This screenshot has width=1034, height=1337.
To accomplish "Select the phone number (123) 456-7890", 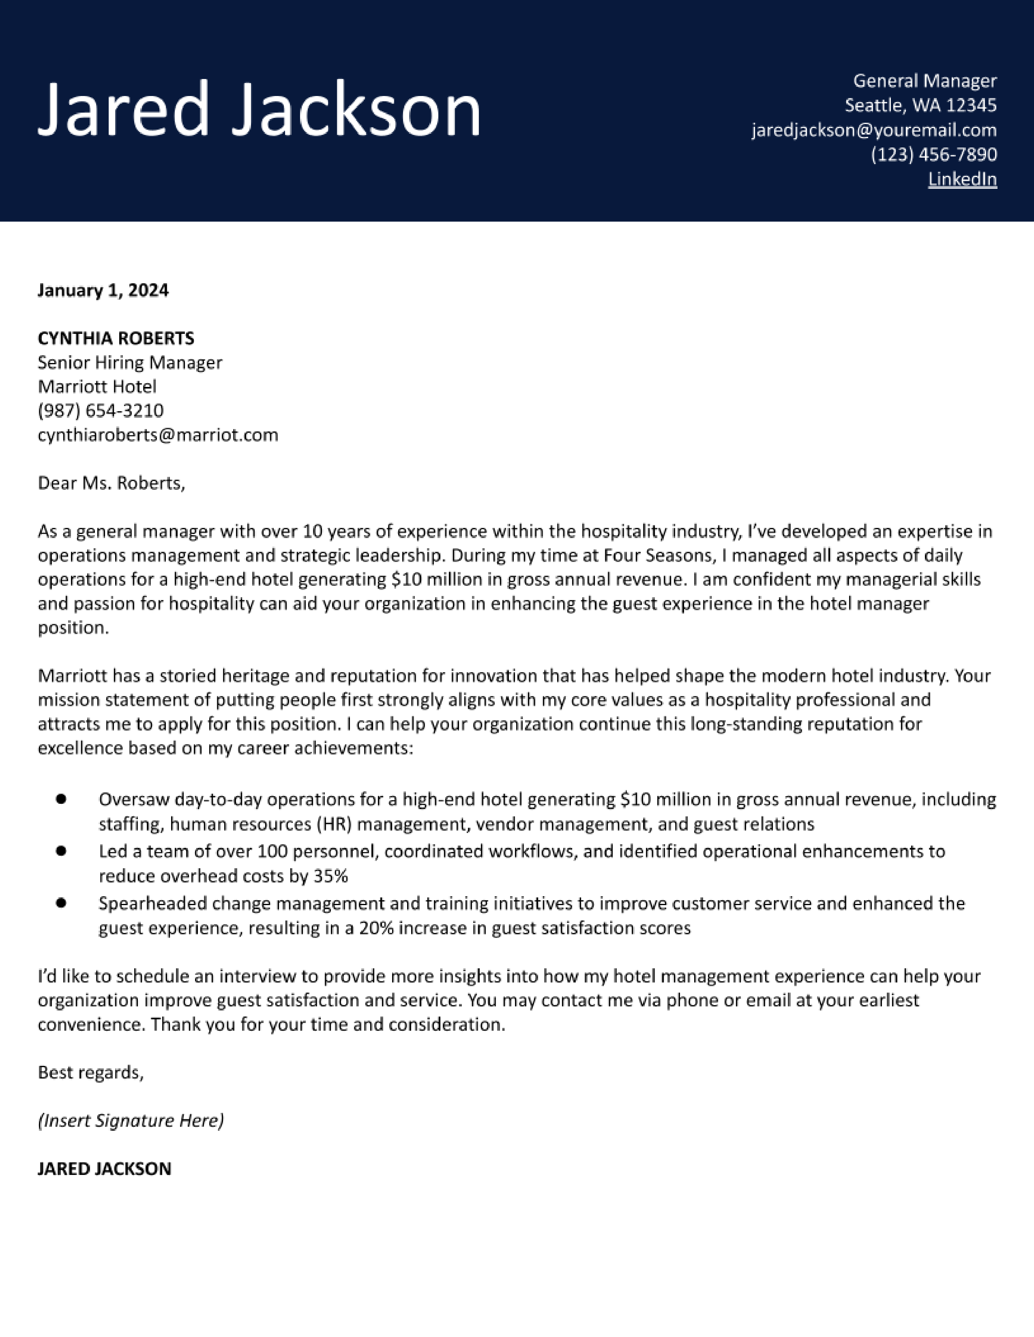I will coord(933,154).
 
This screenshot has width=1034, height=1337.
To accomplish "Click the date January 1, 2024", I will coord(103,290).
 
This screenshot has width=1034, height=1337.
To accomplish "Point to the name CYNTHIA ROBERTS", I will coord(116,338).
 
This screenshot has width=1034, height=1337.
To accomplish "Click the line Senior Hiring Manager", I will coord(130,363).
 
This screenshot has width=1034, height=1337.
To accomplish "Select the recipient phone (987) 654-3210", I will coord(101,410).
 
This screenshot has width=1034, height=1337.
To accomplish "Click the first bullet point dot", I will coord(61,799).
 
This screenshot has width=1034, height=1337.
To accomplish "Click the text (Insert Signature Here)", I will coord(131,1120).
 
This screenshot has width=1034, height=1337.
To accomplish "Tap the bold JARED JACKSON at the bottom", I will coord(104,1168).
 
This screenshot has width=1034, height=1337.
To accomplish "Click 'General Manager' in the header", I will coord(925,81).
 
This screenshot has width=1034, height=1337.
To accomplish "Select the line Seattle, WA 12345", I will coord(921,105).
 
